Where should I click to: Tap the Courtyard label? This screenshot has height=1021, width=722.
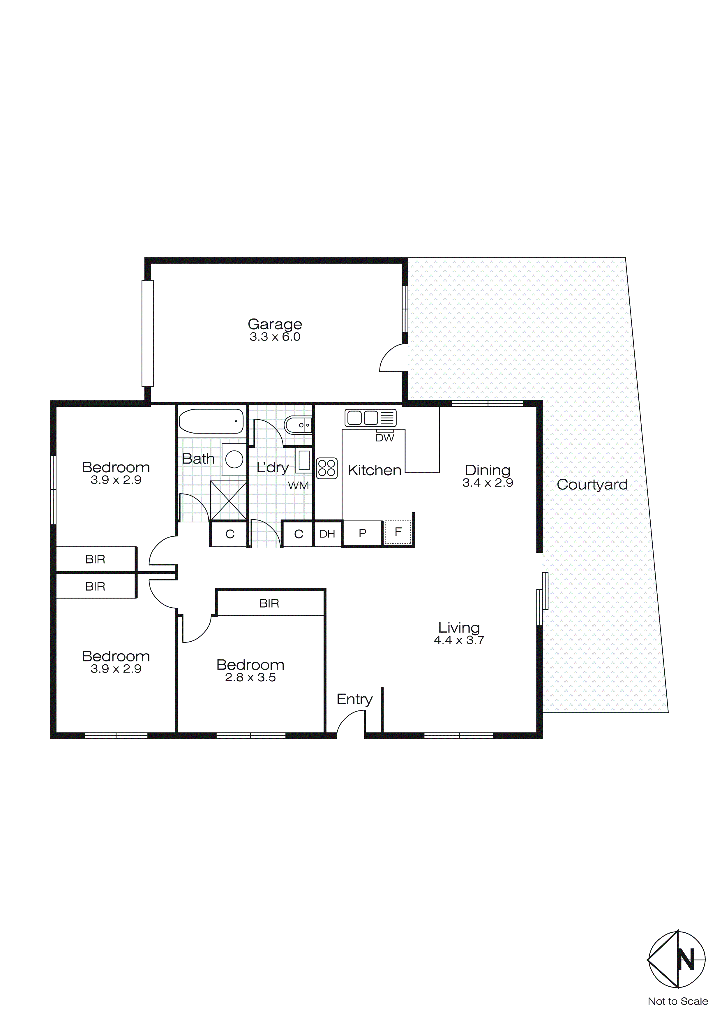click(x=592, y=484)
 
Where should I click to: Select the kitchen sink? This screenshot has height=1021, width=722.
click(x=370, y=418)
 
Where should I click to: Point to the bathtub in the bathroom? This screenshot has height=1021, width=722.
click(x=211, y=421)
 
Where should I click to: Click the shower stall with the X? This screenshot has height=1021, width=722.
click(x=229, y=500)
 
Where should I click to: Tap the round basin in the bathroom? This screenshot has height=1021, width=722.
click(x=234, y=459)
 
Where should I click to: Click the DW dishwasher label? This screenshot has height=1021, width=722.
click(x=384, y=438)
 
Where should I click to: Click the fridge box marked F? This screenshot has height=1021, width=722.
click(x=398, y=532)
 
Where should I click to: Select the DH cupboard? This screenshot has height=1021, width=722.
click(x=327, y=534)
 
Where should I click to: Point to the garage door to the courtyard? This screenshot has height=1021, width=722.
click(x=393, y=358)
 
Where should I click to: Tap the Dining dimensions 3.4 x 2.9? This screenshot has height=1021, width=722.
click(x=488, y=483)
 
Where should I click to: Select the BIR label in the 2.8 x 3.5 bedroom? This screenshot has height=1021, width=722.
click(x=269, y=603)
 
